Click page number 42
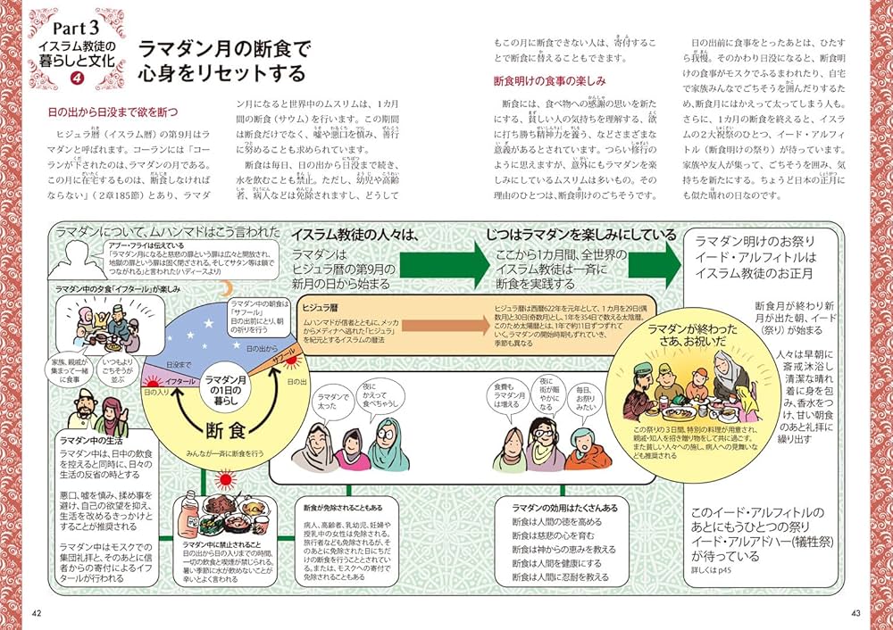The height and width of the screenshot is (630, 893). coord(37,612)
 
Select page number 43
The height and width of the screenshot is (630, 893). coord(855,612)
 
